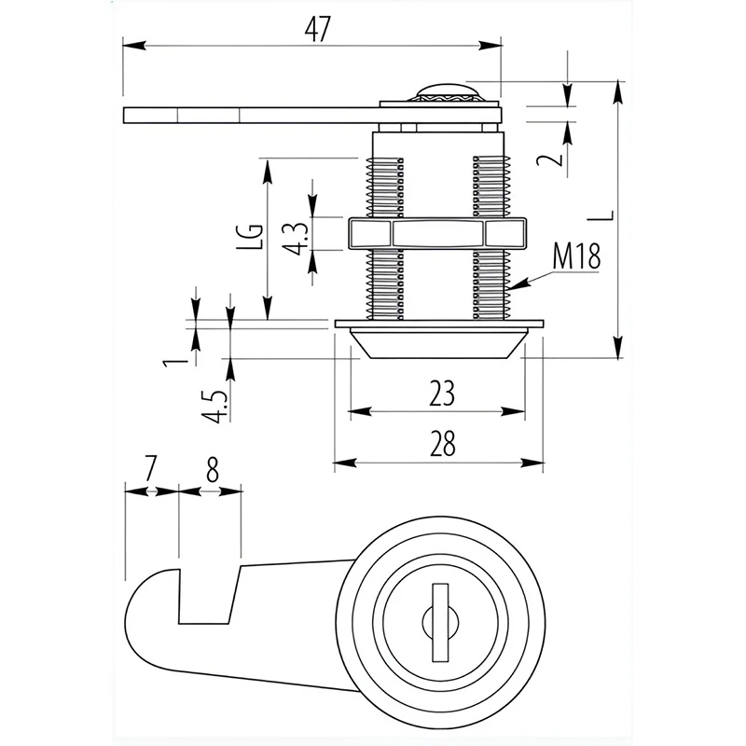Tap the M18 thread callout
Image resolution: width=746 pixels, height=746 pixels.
tap(574, 256)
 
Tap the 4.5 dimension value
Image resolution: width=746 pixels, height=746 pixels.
tap(216, 404)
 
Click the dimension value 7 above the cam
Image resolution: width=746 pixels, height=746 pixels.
tap(151, 469)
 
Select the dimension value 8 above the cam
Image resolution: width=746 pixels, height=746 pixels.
tap(212, 469)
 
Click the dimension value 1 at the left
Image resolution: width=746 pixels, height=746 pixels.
tap(169, 358)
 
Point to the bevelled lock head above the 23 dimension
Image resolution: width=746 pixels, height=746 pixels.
tap(438, 343)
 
